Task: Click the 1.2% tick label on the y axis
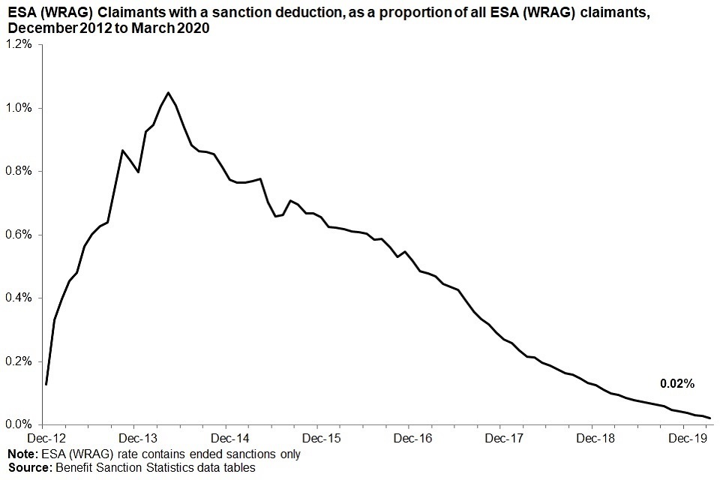point(19,45)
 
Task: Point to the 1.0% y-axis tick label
point(19,108)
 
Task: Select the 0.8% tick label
point(19,172)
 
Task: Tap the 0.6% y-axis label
point(19,235)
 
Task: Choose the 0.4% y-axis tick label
point(19,298)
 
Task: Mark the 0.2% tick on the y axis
point(19,361)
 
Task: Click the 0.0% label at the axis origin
point(19,424)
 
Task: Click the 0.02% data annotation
point(677,384)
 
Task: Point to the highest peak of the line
point(168,93)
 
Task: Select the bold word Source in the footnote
point(28,468)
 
